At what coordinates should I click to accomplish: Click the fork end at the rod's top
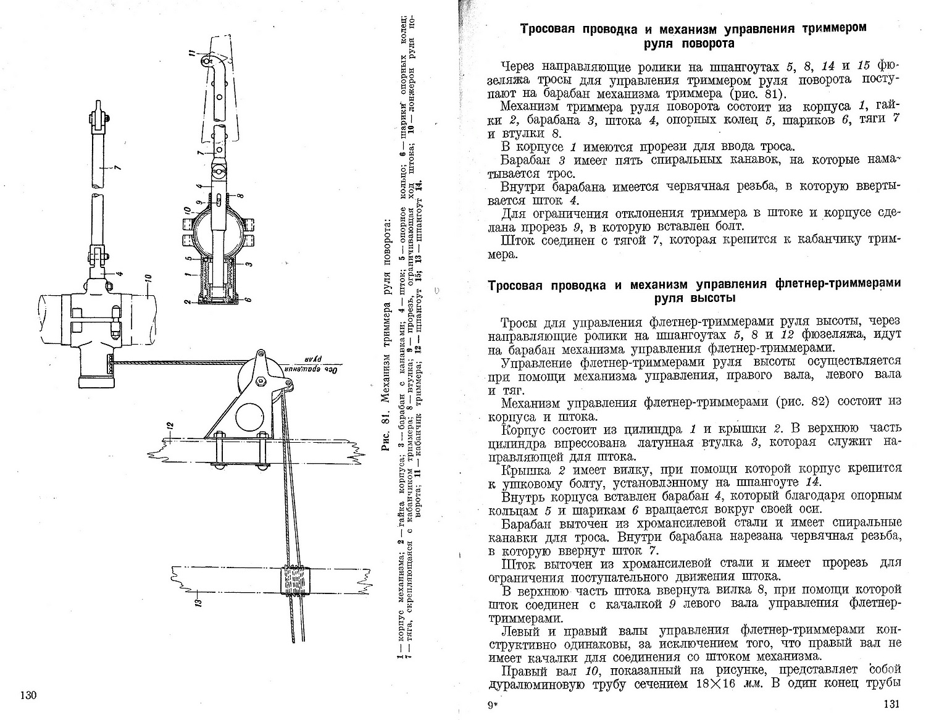[98, 117]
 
